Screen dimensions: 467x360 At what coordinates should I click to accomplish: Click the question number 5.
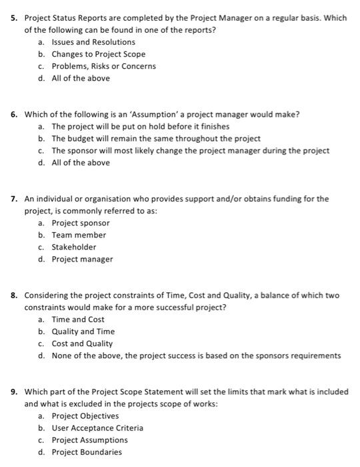click(x=14, y=18)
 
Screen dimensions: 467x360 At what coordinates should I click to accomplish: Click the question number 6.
click(x=14, y=114)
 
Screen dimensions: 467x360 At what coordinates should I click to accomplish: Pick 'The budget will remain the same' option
click(x=155, y=138)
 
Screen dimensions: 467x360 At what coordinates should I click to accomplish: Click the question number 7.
click(x=14, y=199)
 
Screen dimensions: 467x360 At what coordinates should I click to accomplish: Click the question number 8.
click(x=14, y=295)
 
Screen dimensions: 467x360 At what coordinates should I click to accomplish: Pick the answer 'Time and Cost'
click(x=78, y=320)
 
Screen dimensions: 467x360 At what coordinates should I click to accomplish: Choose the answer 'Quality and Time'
click(x=83, y=332)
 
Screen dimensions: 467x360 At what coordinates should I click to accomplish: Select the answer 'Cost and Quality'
click(x=82, y=344)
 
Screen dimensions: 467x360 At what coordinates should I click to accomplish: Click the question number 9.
click(x=14, y=392)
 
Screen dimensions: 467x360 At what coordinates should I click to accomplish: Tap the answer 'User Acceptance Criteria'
click(x=97, y=428)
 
